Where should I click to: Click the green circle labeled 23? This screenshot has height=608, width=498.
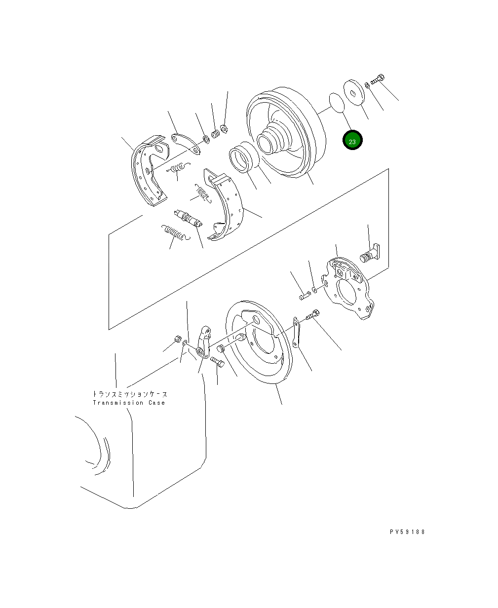[x=352, y=141]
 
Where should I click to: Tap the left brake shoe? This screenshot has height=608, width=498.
[x=148, y=170]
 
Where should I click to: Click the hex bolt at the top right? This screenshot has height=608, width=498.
[x=378, y=79]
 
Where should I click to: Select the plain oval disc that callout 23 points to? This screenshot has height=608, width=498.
[x=336, y=103]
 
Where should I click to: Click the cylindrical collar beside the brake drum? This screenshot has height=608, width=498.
[x=243, y=156]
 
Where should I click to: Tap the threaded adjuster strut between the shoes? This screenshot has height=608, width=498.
[x=188, y=218]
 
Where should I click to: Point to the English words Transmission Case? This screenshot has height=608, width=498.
[x=129, y=403]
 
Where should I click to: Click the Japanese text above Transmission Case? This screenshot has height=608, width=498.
[x=130, y=394]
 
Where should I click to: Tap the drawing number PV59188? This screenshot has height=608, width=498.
[x=407, y=532]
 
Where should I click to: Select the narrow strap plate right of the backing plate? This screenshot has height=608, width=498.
[x=296, y=333]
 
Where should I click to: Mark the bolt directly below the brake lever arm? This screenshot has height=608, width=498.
[x=218, y=363]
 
